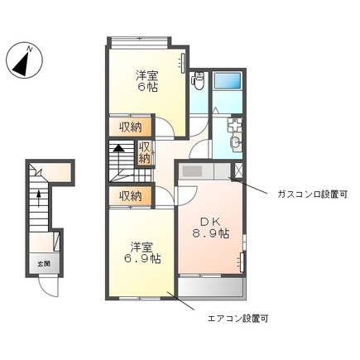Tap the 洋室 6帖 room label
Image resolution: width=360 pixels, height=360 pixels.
148,80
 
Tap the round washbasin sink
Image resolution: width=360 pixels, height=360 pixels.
235,143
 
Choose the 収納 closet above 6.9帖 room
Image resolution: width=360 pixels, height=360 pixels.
129,196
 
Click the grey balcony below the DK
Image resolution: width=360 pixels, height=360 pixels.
211,287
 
